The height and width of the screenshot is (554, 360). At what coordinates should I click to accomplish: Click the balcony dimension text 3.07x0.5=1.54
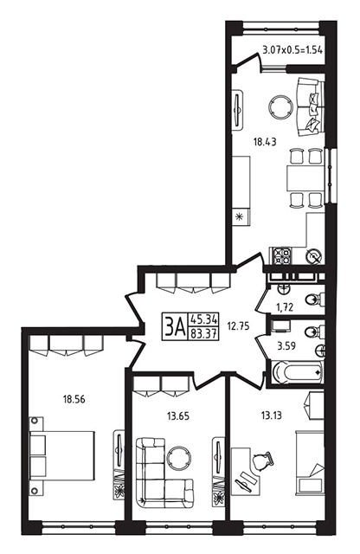[292, 50]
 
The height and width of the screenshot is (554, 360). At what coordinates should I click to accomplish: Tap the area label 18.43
[265, 142]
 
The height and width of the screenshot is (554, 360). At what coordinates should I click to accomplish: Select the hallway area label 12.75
[239, 326]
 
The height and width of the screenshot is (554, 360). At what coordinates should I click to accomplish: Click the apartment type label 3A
[175, 327]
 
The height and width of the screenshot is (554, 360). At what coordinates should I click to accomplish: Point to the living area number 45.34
[203, 319]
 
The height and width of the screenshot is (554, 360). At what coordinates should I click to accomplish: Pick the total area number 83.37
[203, 332]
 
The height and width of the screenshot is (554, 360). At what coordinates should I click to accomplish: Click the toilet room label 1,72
[284, 307]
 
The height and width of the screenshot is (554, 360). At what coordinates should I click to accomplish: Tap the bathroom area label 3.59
[286, 346]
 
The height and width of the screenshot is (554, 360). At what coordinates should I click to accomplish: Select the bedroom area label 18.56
[74, 400]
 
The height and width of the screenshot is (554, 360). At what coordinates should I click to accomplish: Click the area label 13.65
[177, 416]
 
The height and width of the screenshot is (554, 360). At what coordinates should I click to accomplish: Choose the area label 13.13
[272, 415]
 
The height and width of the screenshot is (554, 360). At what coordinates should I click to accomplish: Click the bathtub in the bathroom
[298, 371]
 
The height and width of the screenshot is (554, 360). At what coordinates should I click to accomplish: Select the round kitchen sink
[314, 255]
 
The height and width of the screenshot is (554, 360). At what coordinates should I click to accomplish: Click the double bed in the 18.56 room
[62, 455]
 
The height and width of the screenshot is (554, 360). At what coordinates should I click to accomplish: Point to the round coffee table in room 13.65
[179, 458]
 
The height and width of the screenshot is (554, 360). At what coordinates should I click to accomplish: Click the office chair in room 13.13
[262, 461]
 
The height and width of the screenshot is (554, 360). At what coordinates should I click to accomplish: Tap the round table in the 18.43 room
[281, 107]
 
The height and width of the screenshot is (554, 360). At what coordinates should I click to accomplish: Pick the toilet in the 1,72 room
[314, 300]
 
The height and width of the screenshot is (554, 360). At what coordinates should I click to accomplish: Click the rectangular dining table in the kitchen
[305, 179]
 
